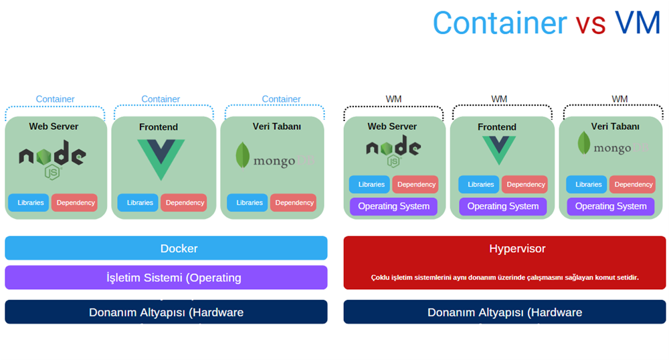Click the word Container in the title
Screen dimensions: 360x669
click(499, 23)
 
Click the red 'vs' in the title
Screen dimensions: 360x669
click(590, 23)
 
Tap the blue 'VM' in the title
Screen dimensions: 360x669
click(638, 23)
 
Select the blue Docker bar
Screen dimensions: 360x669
click(166, 248)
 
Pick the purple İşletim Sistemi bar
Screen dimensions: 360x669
click(166, 278)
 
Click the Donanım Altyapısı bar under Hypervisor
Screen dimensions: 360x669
click(504, 312)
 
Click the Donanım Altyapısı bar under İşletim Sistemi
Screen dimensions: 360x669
click(166, 312)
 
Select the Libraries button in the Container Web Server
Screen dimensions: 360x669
click(29, 203)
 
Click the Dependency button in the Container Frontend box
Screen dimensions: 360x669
click(184, 203)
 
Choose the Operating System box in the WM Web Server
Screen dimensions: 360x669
click(393, 206)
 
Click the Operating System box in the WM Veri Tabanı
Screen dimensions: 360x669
click(611, 206)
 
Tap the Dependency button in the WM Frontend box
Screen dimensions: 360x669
click(525, 185)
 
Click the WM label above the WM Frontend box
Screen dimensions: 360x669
click(499, 99)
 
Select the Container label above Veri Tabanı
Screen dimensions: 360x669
click(281, 99)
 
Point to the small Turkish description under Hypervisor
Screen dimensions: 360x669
click(504, 277)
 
